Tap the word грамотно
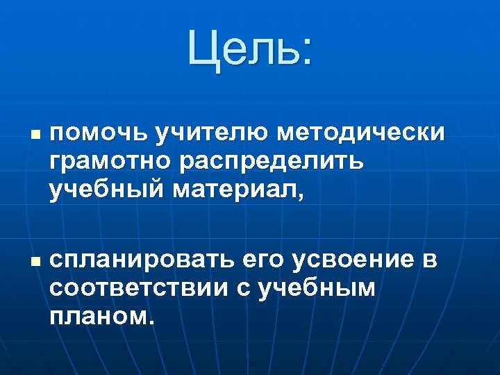111,160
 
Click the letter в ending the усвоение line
430,262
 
